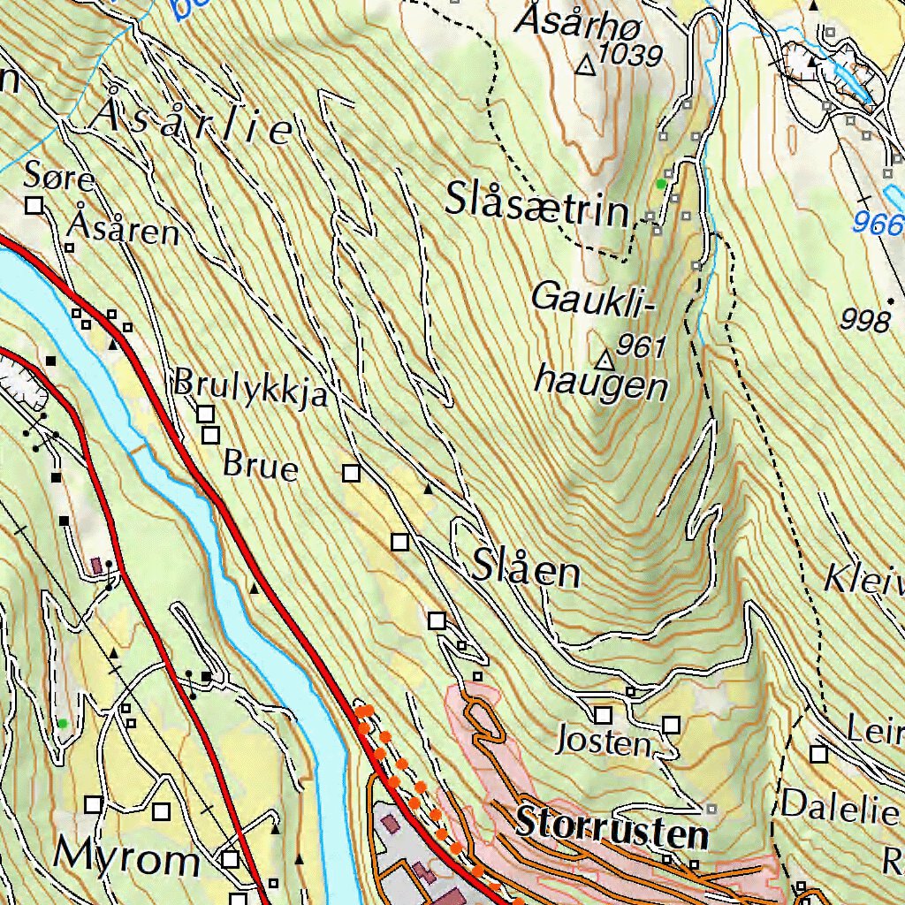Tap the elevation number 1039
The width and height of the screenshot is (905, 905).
630,55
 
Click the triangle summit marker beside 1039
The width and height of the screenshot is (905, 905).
585,65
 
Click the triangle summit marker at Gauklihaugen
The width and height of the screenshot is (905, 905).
605,360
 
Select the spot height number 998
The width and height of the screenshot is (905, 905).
865,320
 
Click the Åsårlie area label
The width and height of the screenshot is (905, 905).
195,124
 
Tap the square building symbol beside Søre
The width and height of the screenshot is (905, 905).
35,206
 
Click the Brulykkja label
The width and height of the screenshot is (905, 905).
251,387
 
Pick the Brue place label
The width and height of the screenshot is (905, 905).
261,464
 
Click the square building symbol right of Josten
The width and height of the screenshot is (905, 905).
672,726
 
